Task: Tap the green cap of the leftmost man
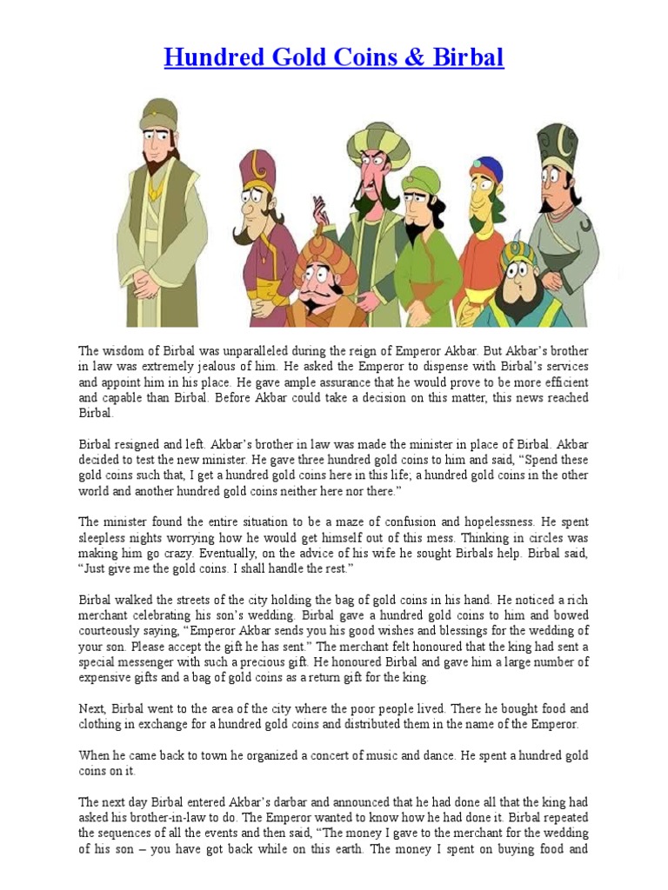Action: click(158, 112)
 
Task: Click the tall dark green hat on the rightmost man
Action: click(557, 145)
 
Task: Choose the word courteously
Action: click(119, 631)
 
